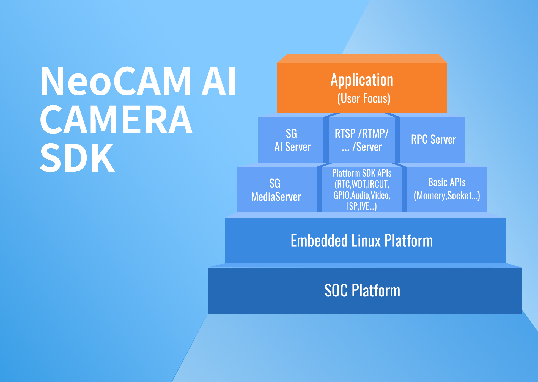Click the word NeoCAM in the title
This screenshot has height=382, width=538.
116,82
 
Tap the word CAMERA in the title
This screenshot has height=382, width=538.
116,120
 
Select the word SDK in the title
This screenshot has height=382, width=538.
77,158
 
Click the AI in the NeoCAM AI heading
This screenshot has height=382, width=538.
219,82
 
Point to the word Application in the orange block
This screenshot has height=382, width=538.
362,80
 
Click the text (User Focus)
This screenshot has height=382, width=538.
364,98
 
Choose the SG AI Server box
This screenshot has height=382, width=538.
292,140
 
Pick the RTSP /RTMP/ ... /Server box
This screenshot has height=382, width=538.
362,140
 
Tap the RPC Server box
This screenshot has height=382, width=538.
433,140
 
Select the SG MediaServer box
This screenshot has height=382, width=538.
276,190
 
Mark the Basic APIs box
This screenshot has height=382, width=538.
447,189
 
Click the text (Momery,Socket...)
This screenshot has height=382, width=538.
447,196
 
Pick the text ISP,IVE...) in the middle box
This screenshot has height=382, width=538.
362,206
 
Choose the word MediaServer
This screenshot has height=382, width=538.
276,197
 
